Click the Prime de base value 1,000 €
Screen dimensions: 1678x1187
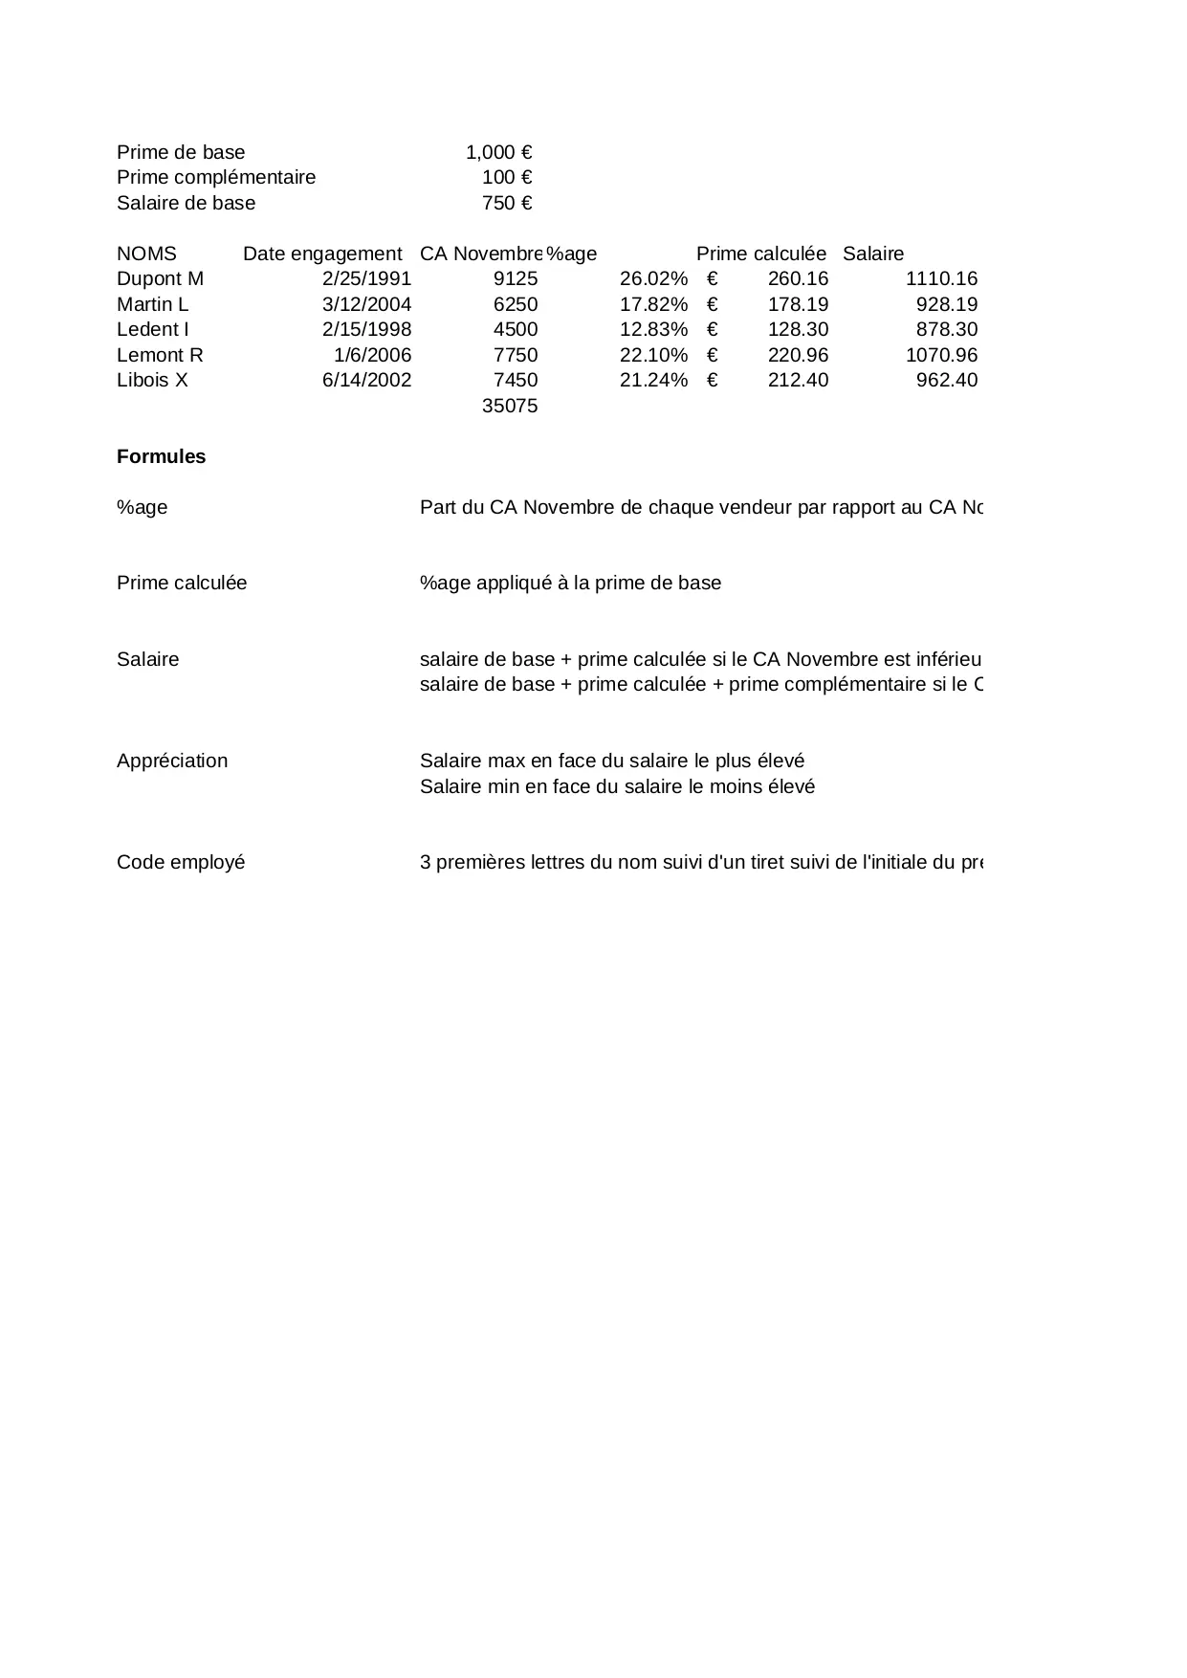(x=498, y=152)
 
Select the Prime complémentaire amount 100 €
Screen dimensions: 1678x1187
(x=507, y=177)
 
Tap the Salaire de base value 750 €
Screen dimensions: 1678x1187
(x=507, y=203)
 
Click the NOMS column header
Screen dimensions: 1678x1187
(x=146, y=254)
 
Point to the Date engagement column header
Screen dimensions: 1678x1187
(x=322, y=254)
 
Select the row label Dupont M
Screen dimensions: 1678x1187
(x=160, y=278)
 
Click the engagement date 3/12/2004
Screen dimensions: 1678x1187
(x=366, y=304)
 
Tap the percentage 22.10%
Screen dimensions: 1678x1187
(x=653, y=355)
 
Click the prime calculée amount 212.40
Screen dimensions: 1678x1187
(x=798, y=380)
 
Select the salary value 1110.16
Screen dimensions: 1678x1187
(x=941, y=278)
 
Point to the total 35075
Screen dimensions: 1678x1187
(x=510, y=406)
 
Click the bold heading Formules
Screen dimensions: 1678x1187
(x=161, y=456)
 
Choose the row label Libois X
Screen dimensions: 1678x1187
(x=152, y=380)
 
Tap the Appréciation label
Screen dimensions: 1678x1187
(x=172, y=761)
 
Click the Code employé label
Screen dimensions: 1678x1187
(x=181, y=862)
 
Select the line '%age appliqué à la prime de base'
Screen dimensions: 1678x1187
(x=570, y=583)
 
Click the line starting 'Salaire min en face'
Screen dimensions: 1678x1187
(x=617, y=786)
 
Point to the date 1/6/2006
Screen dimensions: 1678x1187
(x=372, y=355)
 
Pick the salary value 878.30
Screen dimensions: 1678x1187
(x=946, y=329)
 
